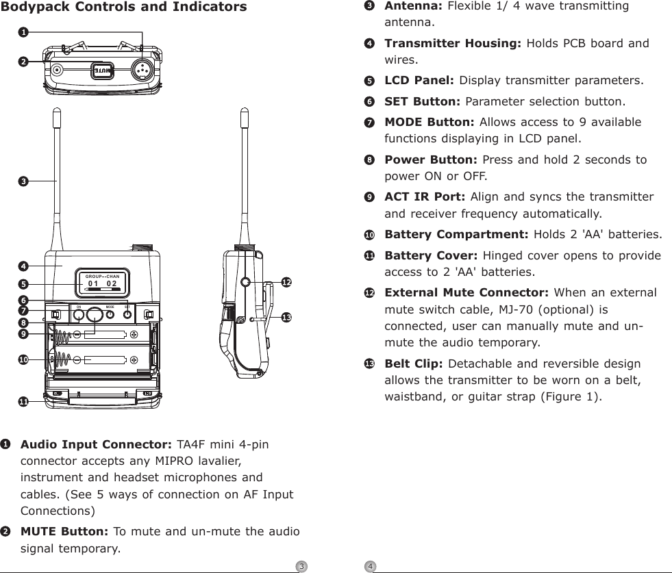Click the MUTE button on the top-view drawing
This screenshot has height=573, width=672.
click(101, 70)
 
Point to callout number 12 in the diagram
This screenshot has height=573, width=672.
click(286, 282)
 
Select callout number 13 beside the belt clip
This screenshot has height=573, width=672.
click(286, 317)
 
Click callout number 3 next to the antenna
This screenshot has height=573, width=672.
click(23, 181)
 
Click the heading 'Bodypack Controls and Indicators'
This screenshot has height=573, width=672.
click(124, 8)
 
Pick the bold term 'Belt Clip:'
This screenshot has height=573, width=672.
click(410, 364)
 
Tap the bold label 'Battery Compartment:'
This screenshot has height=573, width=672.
click(456, 235)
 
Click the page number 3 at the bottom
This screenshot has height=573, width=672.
click(300, 566)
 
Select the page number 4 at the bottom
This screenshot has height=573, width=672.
click(369, 566)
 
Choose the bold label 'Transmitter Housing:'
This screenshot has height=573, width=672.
click(452, 43)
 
